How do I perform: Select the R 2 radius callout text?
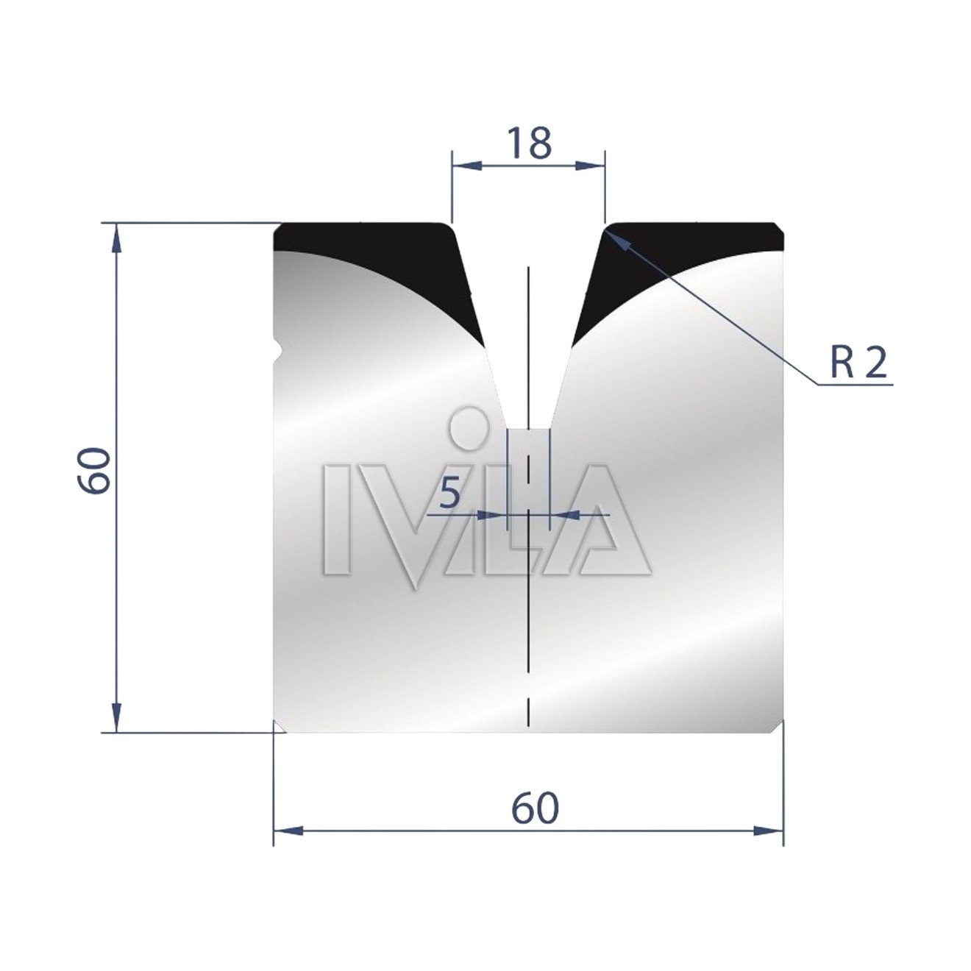point(858,363)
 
